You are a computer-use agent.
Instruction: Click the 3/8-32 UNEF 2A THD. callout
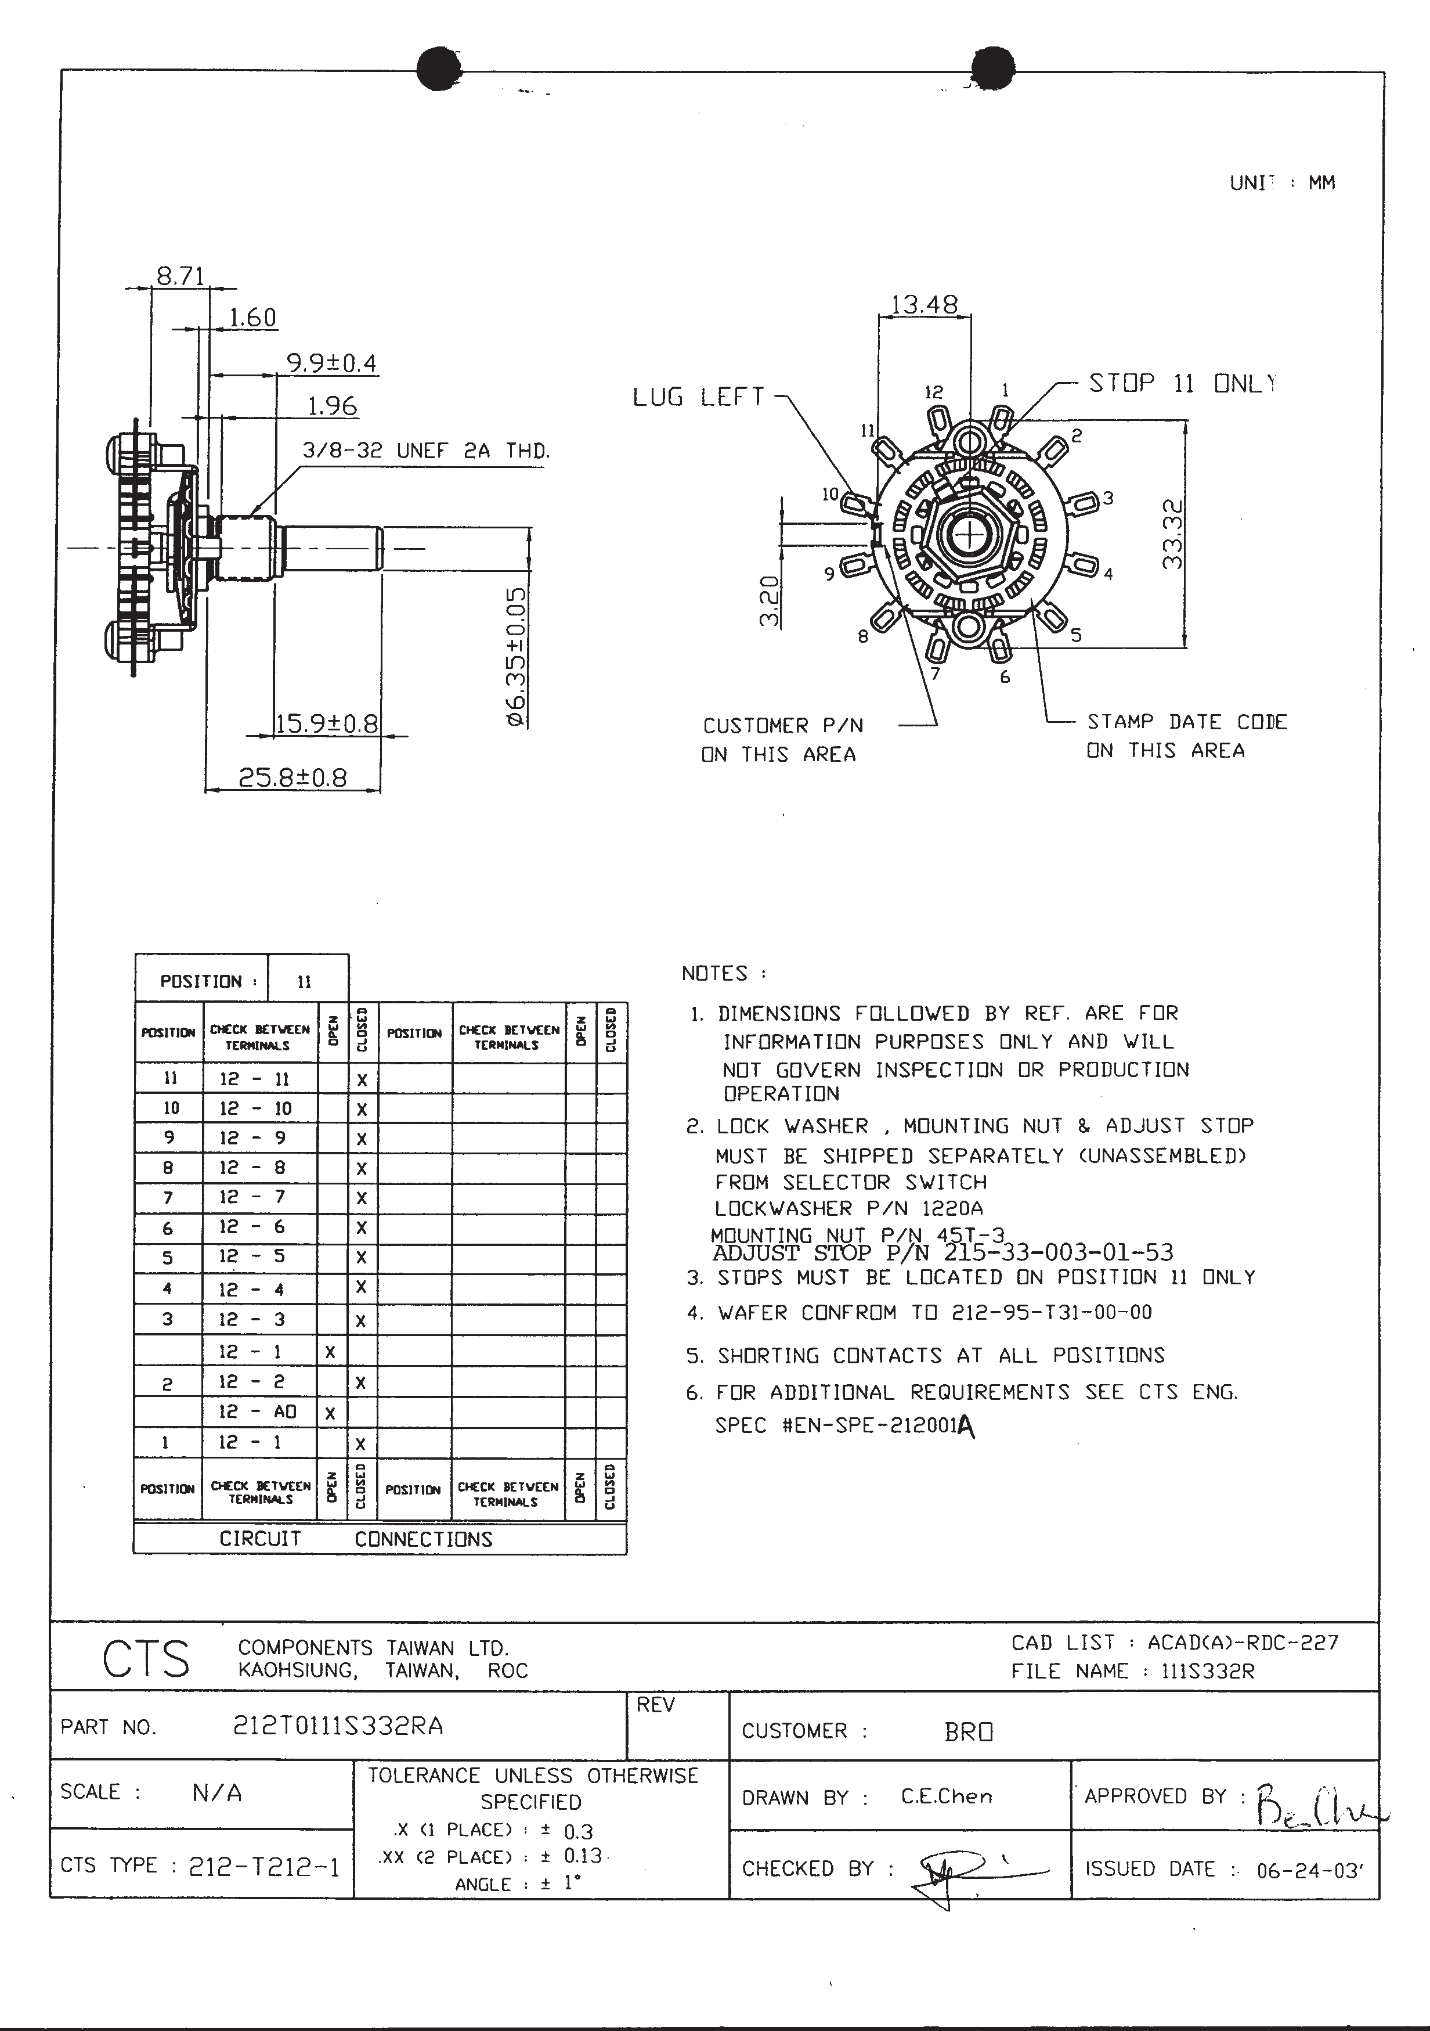tap(426, 450)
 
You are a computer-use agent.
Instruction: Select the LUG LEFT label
tap(698, 397)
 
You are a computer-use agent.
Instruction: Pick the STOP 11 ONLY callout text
tap(1182, 383)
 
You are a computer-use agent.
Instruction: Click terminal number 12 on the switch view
tap(934, 392)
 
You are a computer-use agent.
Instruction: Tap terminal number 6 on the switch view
tap(1005, 678)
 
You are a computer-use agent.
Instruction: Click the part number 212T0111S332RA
tap(337, 1726)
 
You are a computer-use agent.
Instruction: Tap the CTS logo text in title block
tap(145, 1659)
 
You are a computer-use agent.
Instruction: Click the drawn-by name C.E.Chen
tap(946, 1796)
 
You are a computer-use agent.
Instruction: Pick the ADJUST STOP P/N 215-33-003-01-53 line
tap(943, 1252)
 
